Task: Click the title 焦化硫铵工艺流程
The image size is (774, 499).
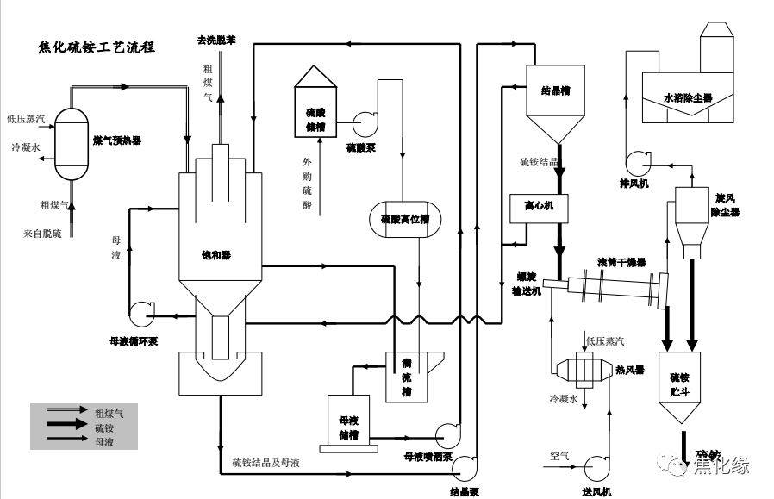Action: [x=97, y=47]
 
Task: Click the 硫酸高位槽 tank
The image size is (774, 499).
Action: [x=404, y=219]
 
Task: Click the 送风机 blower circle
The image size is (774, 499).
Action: [x=597, y=466]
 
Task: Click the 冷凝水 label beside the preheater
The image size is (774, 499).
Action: [x=26, y=147]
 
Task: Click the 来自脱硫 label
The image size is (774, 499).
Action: [x=41, y=234]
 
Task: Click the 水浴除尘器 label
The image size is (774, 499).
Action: [x=687, y=97]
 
